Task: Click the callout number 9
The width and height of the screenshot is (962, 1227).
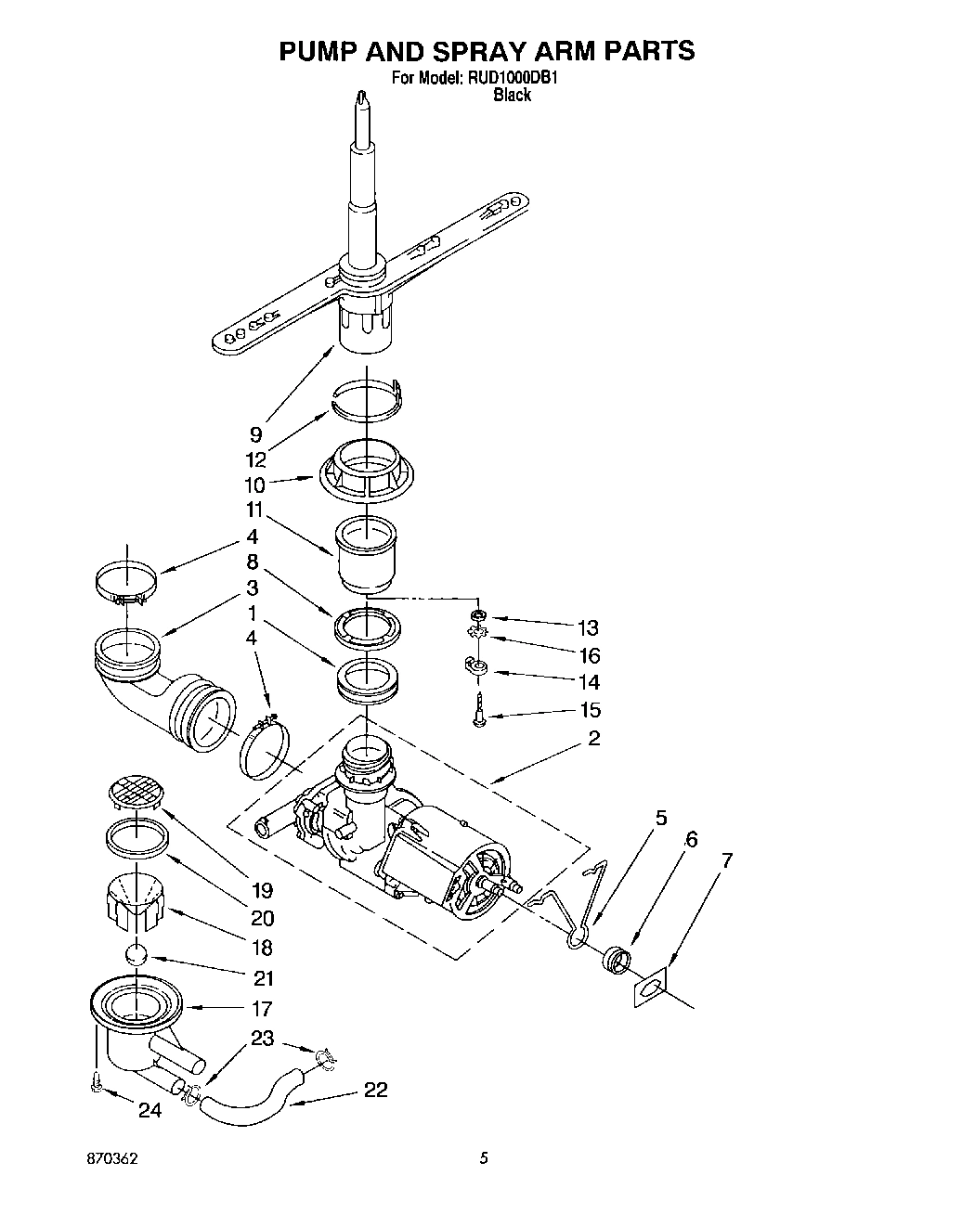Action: click(255, 433)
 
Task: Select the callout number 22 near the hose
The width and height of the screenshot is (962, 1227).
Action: click(375, 1090)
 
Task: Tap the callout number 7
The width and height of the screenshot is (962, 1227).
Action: click(726, 860)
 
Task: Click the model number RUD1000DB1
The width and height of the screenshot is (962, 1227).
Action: click(512, 79)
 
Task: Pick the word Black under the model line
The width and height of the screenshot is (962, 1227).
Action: click(512, 95)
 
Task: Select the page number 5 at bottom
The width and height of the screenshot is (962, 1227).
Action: click(483, 1158)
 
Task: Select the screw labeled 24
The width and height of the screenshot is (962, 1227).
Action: click(97, 1084)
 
